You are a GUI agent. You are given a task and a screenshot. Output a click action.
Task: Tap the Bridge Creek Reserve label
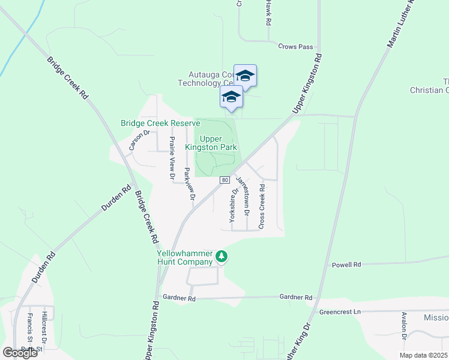click(x=160, y=123)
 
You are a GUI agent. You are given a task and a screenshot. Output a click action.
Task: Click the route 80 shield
click(x=224, y=180)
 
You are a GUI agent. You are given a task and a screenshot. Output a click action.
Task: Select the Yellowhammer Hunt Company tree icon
click(x=222, y=257)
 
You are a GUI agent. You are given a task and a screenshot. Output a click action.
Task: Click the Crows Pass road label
click(x=296, y=46)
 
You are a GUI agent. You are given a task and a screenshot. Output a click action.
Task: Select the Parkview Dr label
click(x=189, y=184)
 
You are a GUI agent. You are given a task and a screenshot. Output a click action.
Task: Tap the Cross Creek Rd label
click(x=261, y=206)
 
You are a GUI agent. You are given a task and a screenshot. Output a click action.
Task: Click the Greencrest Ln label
click(x=340, y=312)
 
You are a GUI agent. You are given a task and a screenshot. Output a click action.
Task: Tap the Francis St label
click(x=29, y=328)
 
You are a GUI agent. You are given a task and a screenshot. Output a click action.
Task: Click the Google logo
click(x=20, y=353)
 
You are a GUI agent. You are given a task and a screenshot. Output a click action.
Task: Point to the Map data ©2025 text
click(x=423, y=355)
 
